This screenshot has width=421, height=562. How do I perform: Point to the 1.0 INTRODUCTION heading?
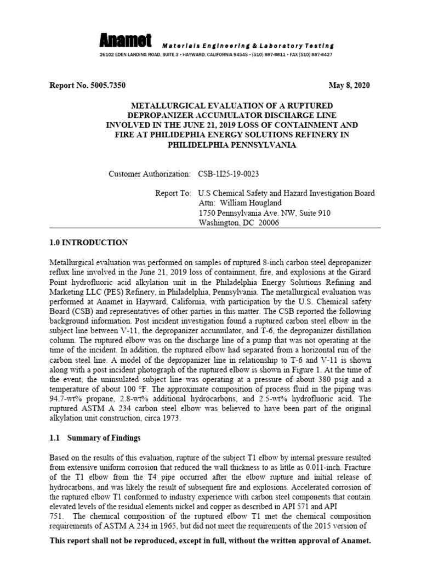coord(89,243)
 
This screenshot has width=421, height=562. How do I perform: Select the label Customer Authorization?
coord(150,173)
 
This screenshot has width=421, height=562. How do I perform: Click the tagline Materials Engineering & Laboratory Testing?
coord(247,46)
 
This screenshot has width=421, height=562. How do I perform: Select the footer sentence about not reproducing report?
coord(210,541)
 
